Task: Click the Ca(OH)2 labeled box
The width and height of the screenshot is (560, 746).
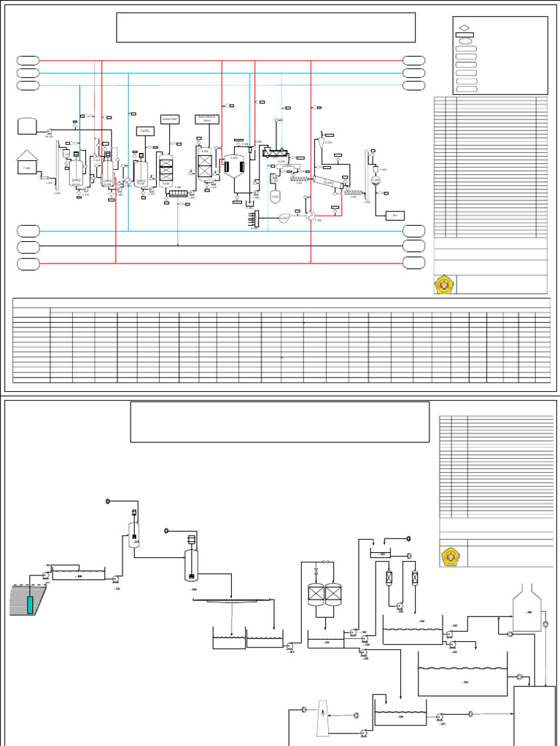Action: pos(144,130)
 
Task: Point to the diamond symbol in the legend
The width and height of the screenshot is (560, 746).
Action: pos(464,28)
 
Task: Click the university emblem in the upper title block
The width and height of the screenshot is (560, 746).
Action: pos(444,285)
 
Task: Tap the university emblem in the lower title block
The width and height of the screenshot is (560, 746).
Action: pos(450,557)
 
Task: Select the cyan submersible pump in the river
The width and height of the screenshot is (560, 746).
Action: pos(30,604)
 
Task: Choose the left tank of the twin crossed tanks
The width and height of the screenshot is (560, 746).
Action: pos(316,595)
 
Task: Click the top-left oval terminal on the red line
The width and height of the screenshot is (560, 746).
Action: pos(28,60)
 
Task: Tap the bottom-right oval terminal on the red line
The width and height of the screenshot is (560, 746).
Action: pos(414,263)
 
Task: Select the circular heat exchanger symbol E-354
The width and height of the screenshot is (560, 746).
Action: pos(310,216)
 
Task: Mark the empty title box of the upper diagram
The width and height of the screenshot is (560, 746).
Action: pos(265,28)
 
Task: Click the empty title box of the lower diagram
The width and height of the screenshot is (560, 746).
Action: pos(279,421)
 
